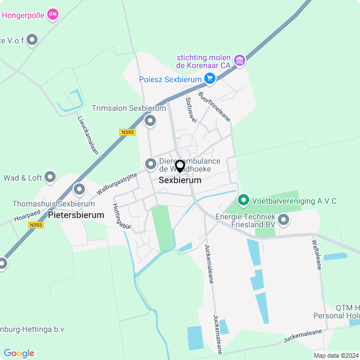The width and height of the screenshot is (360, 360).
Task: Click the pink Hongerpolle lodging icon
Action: coord(53,14)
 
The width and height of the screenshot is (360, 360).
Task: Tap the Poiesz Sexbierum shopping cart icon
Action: coord(210,79)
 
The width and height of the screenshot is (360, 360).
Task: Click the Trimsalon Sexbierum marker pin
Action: coord(150,120)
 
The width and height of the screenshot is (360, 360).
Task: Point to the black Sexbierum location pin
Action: coord(180,166)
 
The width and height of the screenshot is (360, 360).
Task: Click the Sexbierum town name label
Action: coord(180,181)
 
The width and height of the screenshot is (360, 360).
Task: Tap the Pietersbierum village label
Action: coord(76,215)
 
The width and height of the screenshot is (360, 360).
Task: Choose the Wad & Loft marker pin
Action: coord(51,178)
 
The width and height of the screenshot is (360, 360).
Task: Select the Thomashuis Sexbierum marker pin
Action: coord(79,190)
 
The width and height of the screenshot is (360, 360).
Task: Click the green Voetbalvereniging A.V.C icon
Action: coord(244,200)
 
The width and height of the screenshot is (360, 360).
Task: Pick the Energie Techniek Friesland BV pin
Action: coord(283,220)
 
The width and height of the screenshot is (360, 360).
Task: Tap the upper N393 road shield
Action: coord(128,132)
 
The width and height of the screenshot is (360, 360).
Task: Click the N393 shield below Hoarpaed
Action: coord(36,225)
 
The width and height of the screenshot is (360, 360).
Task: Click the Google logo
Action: coord(19,353)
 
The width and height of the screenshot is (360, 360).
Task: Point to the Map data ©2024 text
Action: coord(336,355)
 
